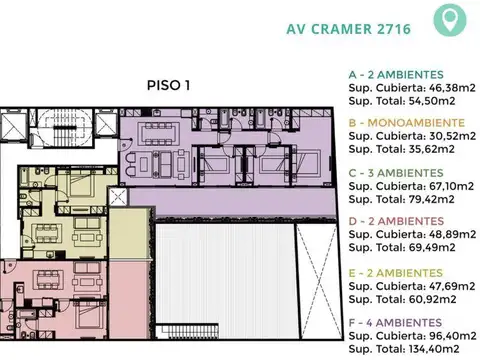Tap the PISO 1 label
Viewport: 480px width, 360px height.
[x=168, y=85]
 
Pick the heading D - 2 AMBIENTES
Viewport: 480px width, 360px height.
[x=398, y=221]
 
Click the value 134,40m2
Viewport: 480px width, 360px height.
[x=429, y=349]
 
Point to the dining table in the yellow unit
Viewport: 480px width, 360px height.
[x=46, y=236]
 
